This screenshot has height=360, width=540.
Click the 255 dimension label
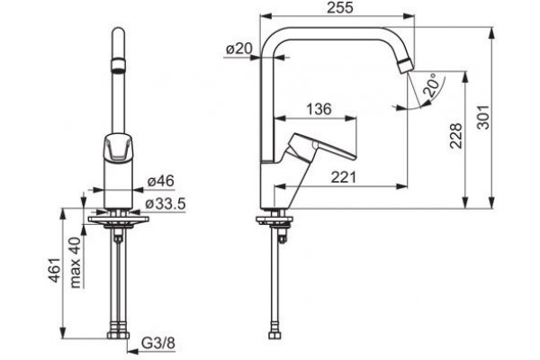[340, 7]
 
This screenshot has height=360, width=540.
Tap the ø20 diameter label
[239, 49]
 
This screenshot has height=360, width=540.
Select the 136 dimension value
[319, 109]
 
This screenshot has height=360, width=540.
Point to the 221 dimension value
[344, 177]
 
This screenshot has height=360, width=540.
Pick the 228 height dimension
[455, 136]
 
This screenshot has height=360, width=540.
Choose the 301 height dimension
[482, 117]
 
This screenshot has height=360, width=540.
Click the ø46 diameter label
[161, 181]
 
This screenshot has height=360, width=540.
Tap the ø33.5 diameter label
[166, 204]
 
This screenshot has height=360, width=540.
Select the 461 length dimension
[55, 270]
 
